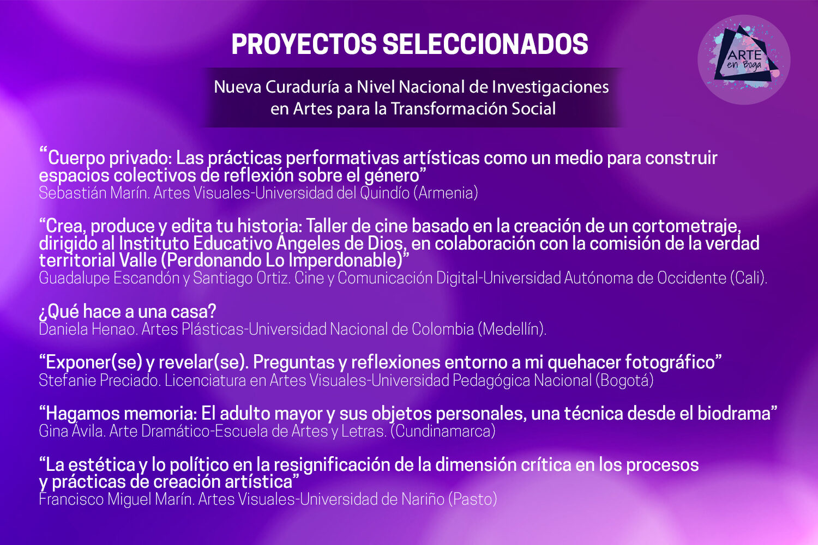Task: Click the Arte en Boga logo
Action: point(744,59)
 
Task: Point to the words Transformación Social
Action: point(473,108)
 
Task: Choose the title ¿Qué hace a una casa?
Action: point(128,312)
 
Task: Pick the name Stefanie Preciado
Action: point(100,380)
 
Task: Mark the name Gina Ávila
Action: point(71,431)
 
